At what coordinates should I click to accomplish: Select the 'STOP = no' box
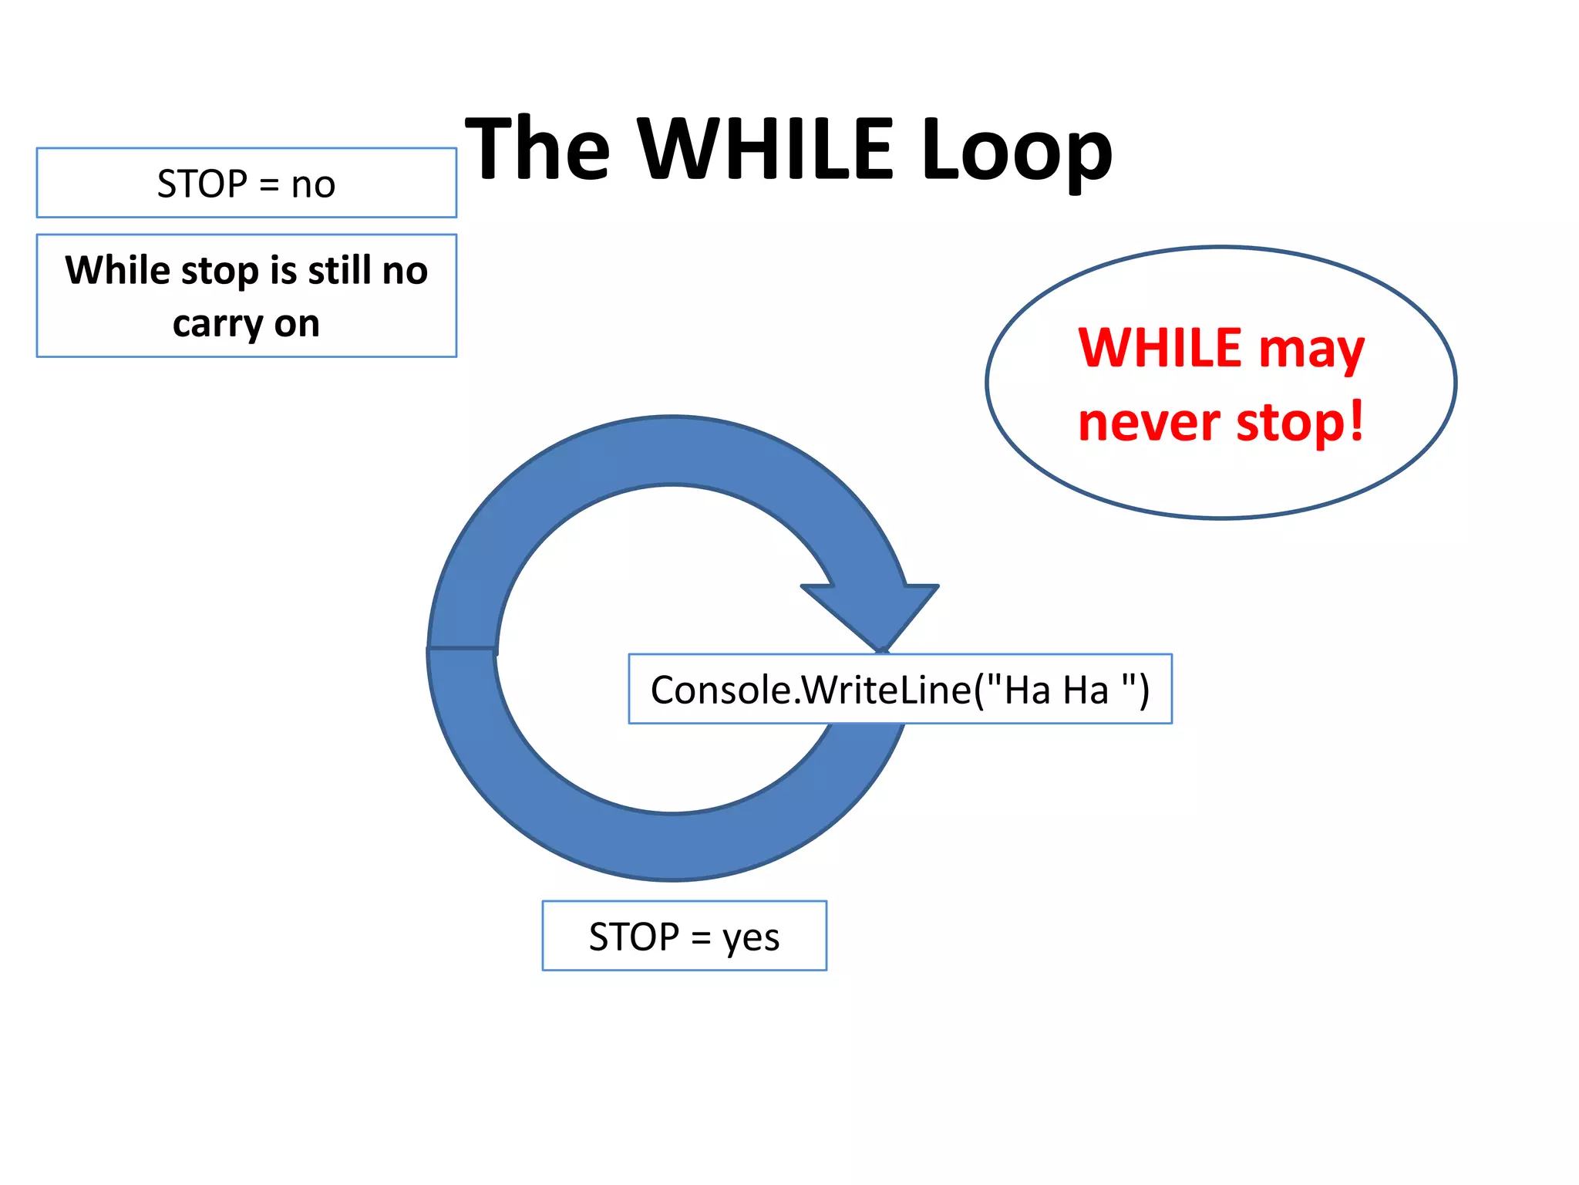point(246,183)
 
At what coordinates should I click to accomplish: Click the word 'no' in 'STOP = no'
point(313,185)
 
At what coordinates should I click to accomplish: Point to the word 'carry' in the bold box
point(207,324)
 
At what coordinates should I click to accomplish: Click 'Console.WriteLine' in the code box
point(810,690)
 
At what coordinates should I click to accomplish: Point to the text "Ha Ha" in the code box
point(1056,690)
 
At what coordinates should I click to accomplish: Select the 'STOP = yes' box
point(684,935)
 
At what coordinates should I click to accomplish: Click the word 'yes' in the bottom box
point(750,939)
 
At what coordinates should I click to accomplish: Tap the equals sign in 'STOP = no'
point(268,185)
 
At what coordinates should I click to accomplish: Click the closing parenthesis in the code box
point(1143,690)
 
